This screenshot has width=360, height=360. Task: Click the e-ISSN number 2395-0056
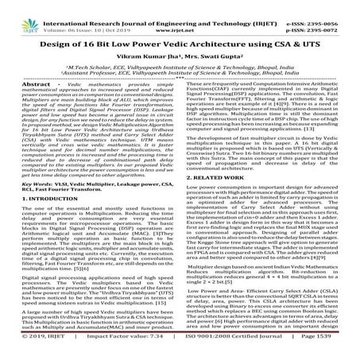tap(333, 5)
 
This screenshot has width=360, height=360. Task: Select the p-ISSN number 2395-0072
tap(333, 14)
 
